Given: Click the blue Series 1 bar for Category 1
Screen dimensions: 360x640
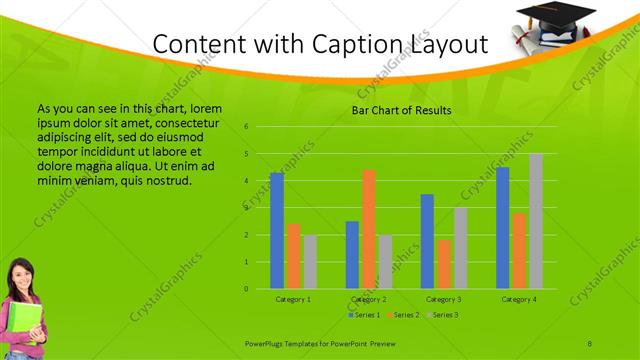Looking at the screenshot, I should pyautogui.click(x=277, y=231).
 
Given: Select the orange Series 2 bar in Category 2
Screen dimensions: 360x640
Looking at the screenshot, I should pyautogui.click(x=369, y=229).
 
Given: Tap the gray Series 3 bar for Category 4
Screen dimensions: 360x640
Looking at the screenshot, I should pyautogui.click(x=536, y=221).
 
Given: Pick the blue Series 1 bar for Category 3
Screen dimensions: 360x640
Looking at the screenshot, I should pyautogui.click(x=427, y=241).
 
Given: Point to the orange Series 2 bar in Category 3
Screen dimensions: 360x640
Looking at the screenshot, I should pyautogui.click(x=444, y=264).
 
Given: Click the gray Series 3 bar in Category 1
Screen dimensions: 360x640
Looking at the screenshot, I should pyautogui.click(x=310, y=262).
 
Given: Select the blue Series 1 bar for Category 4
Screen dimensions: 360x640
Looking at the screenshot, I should pyautogui.click(x=503, y=228).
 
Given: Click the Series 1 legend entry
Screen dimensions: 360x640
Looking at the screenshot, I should pyautogui.click(x=366, y=315).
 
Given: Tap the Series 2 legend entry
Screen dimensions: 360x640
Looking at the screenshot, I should pyautogui.click(x=405, y=315).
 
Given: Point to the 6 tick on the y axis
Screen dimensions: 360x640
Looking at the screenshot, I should pyautogui.click(x=246, y=127).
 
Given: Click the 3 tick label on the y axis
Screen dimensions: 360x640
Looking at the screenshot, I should pyautogui.click(x=246, y=208).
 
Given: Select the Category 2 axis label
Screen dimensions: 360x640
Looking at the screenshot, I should pyautogui.click(x=369, y=299).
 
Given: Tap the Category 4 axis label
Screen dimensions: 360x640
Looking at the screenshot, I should pyautogui.click(x=519, y=299).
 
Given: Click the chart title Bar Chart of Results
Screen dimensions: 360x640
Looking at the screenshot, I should pyautogui.click(x=401, y=110).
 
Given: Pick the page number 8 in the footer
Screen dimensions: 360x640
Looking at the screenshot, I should pyautogui.click(x=590, y=341).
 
